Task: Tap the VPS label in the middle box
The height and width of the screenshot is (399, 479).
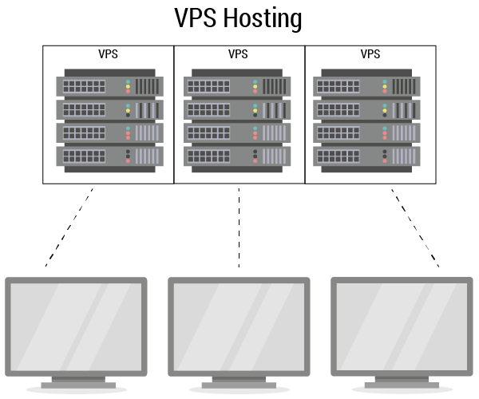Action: [x=238, y=54]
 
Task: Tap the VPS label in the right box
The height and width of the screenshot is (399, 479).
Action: [x=370, y=54]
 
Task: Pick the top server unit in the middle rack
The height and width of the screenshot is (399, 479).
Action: [x=239, y=85]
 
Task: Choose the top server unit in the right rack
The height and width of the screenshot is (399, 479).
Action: [x=370, y=85]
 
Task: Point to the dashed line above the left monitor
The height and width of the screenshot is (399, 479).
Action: [x=70, y=227]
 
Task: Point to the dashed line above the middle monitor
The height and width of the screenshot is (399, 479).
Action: [x=239, y=227]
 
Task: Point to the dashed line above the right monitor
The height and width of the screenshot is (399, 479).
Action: [x=414, y=227]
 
